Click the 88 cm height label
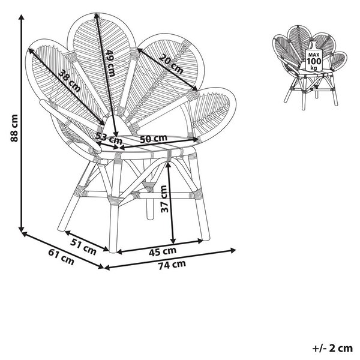point(14,128)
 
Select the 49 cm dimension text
point(110,64)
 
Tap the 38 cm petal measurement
point(70,81)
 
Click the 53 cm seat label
point(109,139)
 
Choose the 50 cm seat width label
point(154,139)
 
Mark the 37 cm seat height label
point(164,199)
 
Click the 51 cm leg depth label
point(83,247)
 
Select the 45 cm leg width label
point(163,251)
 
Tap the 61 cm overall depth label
point(61,257)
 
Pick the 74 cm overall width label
point(172,265)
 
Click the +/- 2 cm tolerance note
point(332,349)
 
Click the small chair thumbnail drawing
point(310,67)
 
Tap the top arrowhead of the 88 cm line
point(22,17)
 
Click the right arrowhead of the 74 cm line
point(233,250)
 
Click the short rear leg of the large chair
point(150,207)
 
